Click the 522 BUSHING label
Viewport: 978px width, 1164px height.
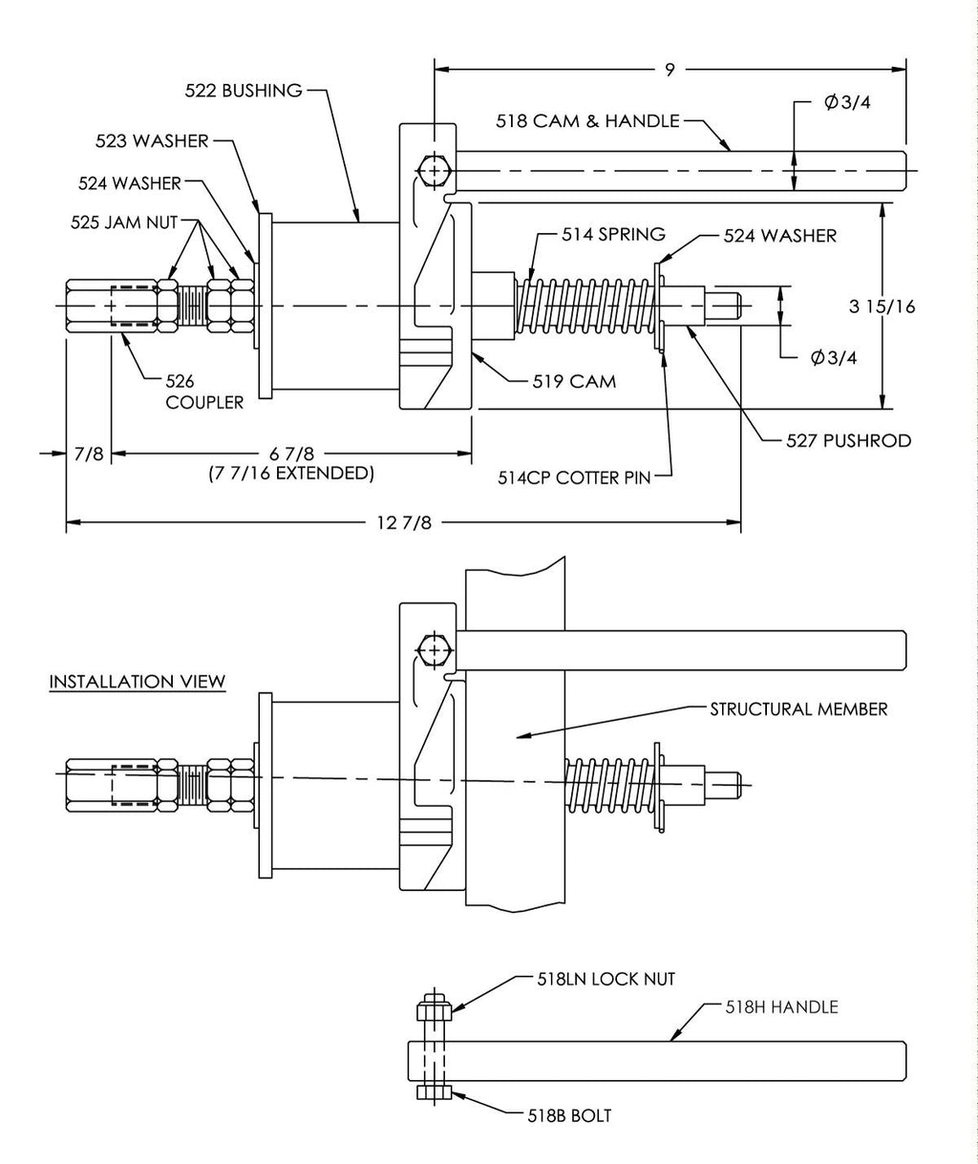coord(244,91)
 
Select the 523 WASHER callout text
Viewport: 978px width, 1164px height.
coord(152,140)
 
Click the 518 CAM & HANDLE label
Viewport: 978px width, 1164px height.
coord(587,121)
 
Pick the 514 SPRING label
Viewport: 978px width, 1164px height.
coord(600,234)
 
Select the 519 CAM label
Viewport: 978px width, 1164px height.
coord(574,381)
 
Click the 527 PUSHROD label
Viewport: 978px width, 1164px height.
coord(848,440)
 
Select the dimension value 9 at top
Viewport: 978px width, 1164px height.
coord(670,68)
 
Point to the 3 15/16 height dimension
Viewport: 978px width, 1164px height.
coord(882,307)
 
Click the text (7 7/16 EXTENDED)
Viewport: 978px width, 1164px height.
coord(290,473)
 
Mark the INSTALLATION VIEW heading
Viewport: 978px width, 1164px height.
coord(138,682)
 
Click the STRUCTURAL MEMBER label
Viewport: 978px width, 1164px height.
coord(798,709)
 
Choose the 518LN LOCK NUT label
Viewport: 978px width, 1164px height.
coord(606,979)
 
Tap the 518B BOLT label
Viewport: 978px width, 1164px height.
coord(569,1114)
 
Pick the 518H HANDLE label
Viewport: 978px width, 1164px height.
coord(781,1006)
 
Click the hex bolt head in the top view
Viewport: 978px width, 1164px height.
coord(434,172)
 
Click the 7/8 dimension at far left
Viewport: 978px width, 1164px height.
coord(88,454)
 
